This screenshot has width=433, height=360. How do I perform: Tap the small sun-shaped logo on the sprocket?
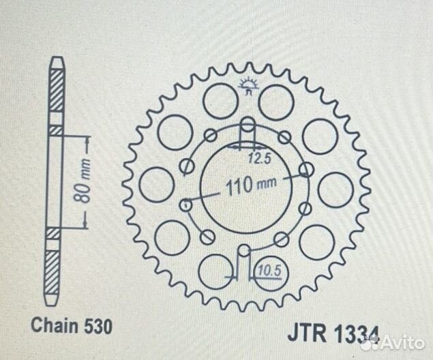(249, 85)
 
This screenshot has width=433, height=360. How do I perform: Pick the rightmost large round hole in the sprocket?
(336, 189)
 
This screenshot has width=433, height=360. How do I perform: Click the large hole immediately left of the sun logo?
(221, 100)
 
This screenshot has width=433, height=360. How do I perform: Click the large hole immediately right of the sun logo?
(277, 101)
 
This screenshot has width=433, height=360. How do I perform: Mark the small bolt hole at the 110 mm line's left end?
(183, 203)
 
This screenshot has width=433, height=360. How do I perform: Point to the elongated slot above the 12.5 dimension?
(249, 130)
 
